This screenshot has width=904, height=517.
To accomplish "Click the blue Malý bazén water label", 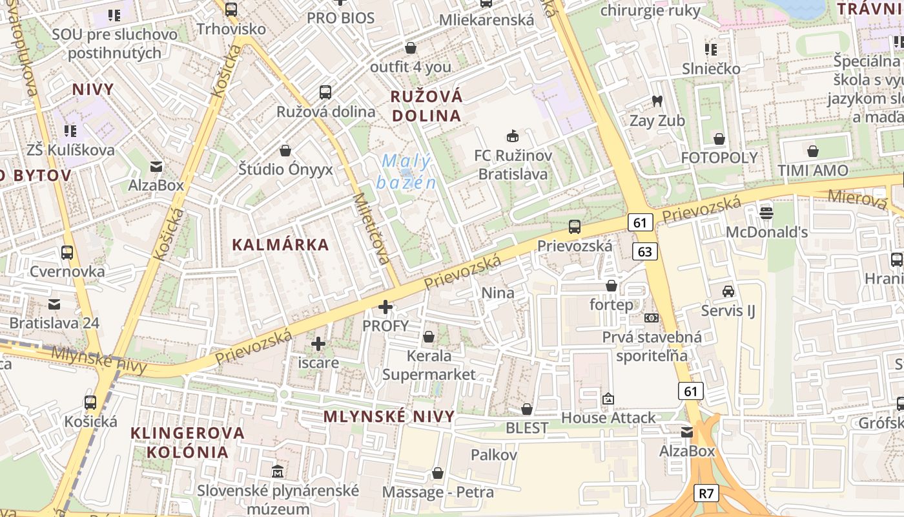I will pos(406,171).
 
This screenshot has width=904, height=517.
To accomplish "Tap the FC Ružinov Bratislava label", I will pos(513,164).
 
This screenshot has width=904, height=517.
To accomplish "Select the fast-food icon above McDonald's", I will pos(766,212).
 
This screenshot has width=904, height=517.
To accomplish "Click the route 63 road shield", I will pos(645,251).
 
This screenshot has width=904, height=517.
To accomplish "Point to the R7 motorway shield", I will pos(706,494).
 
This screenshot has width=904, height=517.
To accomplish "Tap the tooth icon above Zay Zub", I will pos(657,101).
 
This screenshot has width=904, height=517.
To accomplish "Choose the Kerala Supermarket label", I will pos(429,364).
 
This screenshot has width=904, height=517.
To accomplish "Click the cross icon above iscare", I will pos(318,344).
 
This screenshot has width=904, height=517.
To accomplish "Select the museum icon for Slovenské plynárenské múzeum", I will pos(278,471).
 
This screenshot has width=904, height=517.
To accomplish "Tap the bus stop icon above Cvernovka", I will pos(67,252).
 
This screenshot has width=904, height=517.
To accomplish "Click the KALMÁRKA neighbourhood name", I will pos(280,245).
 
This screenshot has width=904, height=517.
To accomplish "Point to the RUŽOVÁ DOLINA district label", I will pos(426,106).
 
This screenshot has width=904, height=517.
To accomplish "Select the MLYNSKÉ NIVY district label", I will pos(389,416).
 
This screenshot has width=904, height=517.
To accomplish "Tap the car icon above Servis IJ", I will pos(728,291).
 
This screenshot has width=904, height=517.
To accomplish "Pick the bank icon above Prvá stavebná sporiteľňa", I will pos(652,318).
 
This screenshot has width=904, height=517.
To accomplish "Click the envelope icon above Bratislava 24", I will pos(54,303).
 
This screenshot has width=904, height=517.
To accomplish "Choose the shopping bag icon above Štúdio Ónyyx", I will pos(285,151).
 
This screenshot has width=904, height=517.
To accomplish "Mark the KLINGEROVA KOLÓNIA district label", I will pos(187,442).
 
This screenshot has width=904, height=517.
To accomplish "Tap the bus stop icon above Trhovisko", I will pos(231,10).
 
